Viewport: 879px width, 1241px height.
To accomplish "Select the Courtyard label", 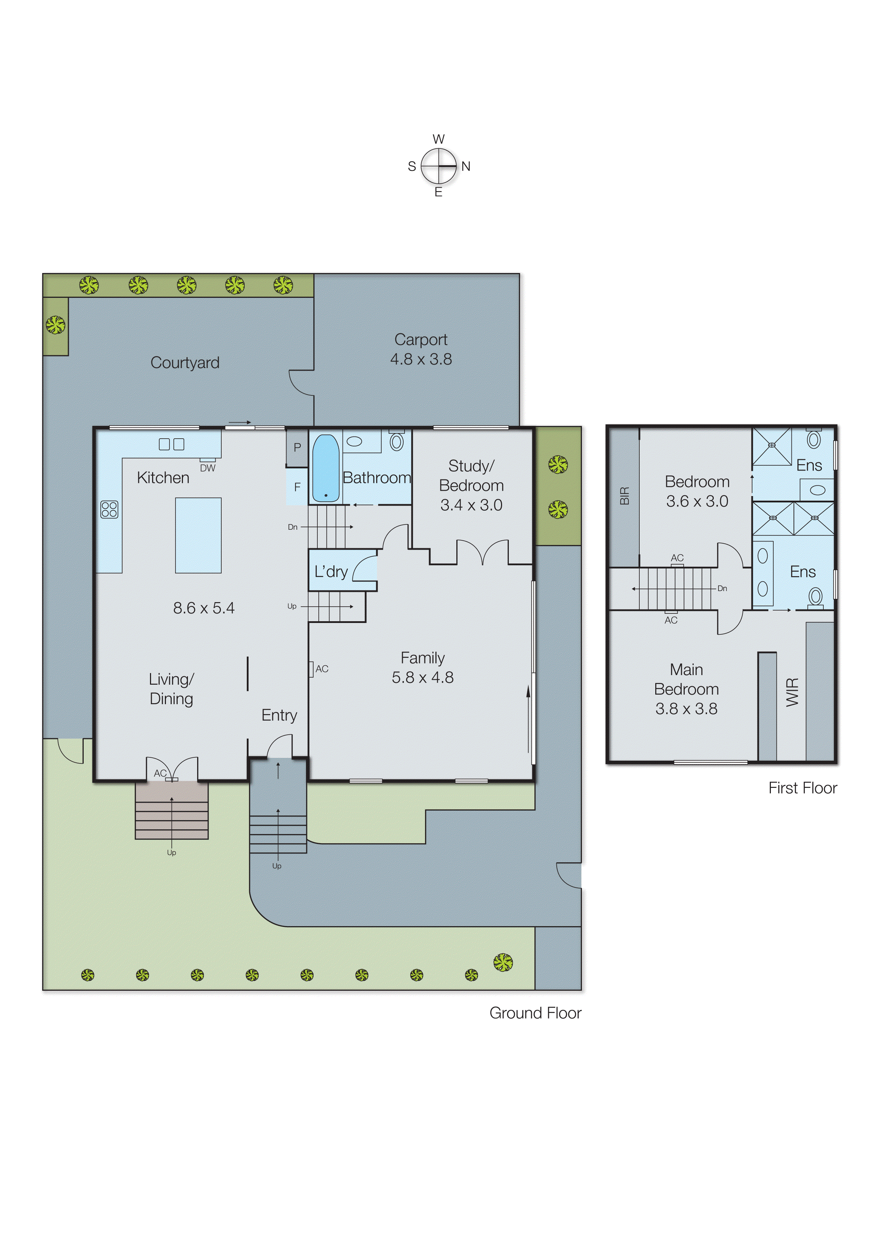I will (x=185, y=363).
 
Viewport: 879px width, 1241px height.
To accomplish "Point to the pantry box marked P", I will (x=297, y=447).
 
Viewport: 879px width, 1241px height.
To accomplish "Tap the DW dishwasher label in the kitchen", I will (x=207, y=468).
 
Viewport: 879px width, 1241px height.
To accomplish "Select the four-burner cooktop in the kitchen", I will (x=109, y=509).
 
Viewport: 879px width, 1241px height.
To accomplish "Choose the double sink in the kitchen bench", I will (x=172, y=444).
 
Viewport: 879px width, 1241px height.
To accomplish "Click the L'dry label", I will (x=331, y=572).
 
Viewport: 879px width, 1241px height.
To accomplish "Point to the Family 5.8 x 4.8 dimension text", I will (x=423, y=678).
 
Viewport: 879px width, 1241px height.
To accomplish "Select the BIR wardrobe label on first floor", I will (x=625, y=496).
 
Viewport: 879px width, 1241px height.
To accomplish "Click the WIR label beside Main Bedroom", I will (x=792, y=692).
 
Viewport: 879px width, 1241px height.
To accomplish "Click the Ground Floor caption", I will (x=535, y=1013).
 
